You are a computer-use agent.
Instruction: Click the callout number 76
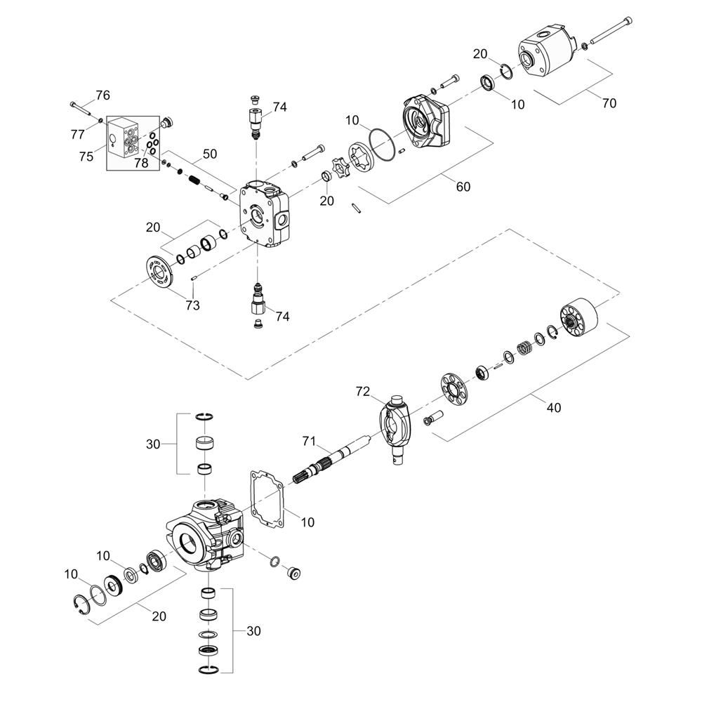point(102,95)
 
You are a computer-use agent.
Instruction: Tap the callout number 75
point(86,157)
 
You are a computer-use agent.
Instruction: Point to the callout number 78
point(141,163)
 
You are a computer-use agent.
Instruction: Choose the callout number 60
point(463,186)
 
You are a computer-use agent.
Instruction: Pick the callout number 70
point(609,103)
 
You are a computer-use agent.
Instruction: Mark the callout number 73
point(192,305)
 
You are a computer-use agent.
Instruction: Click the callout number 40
point(554,406)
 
